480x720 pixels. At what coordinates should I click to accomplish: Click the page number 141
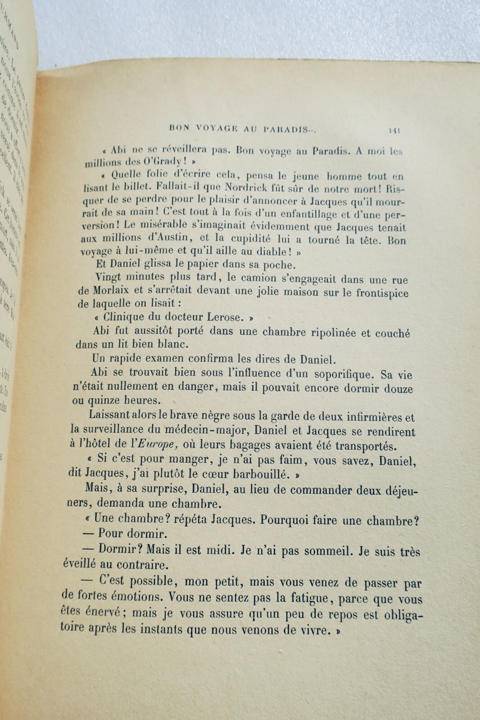[x=394, y=131]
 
